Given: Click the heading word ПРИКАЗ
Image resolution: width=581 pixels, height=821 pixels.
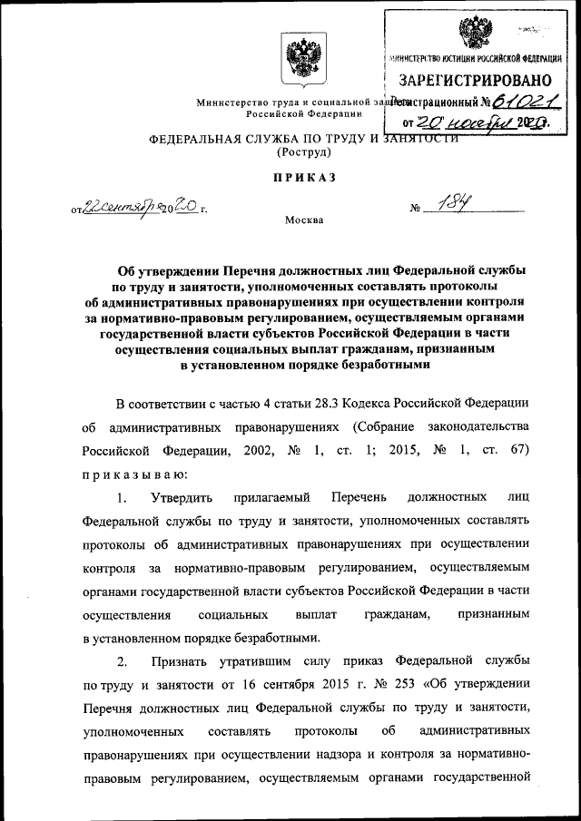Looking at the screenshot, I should pyautogui.click(x=290, y=178).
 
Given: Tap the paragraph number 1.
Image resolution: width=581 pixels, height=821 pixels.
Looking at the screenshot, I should pyautogui.click(x=122, y=497).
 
